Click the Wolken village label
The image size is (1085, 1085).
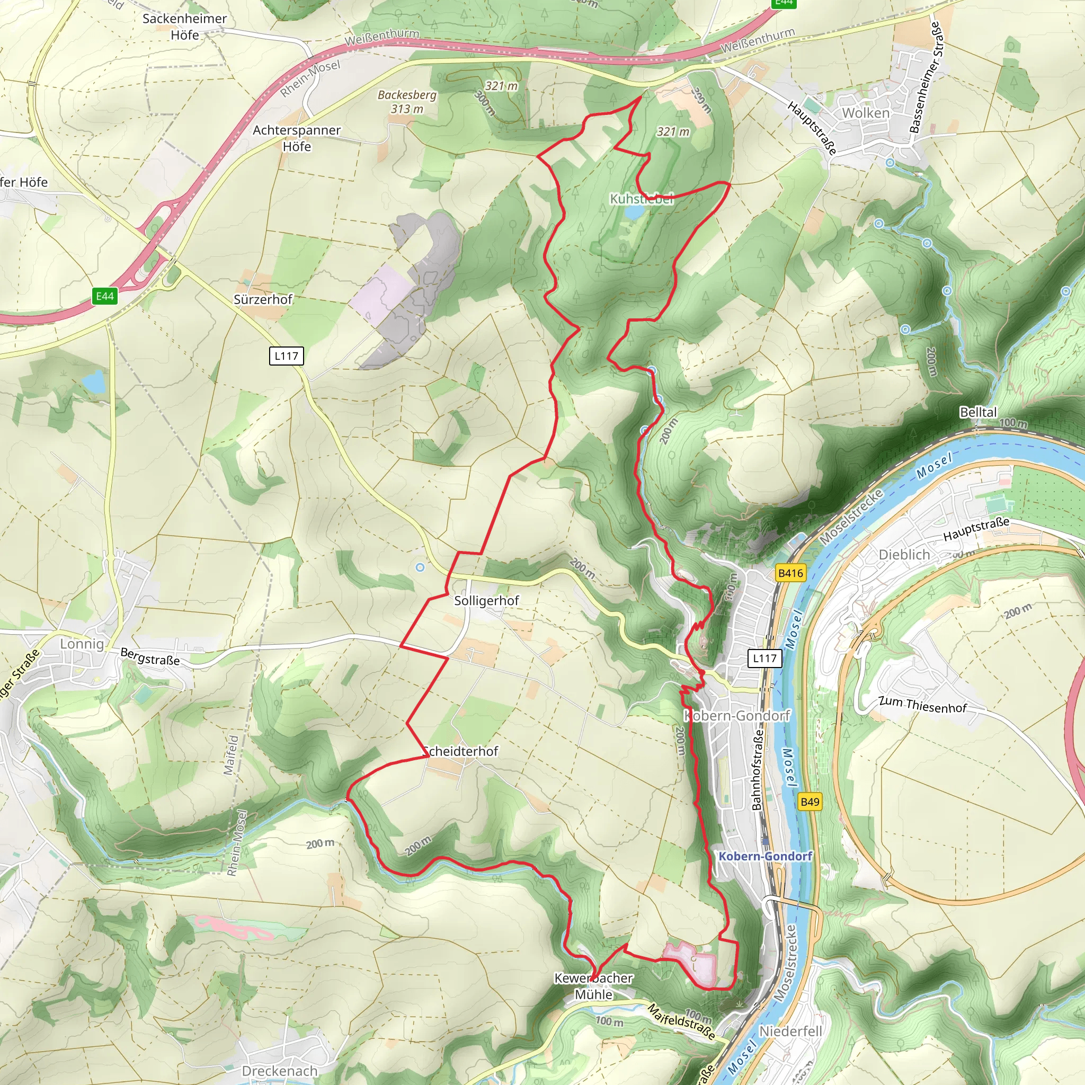866,113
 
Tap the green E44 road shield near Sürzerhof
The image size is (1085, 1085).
105,296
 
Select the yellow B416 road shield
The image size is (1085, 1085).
790,573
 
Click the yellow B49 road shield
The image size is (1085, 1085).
810,802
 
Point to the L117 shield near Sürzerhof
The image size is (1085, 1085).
287,355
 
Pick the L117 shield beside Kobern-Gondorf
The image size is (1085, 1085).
764,658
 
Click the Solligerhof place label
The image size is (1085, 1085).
486,600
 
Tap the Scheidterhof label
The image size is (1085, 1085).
460,751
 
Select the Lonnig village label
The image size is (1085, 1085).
82,644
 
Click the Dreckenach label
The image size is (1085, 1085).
280,1070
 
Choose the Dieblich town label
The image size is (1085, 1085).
904,554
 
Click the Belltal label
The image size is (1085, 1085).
979,412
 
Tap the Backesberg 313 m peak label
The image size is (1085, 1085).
407,102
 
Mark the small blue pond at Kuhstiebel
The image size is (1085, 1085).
634,212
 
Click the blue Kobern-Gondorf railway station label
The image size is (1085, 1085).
766,856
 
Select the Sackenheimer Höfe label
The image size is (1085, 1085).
184,26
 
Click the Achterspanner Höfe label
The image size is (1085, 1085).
297,138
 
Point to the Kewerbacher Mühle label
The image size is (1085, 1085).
593,985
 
